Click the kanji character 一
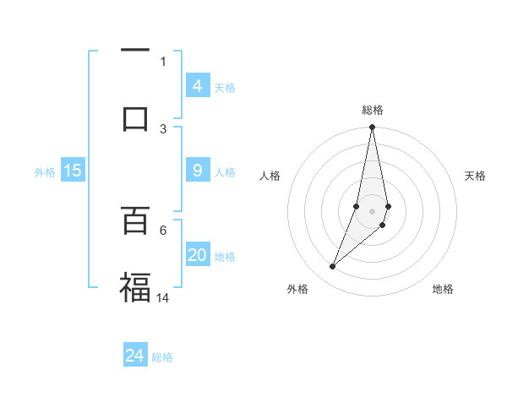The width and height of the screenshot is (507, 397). (135, 51)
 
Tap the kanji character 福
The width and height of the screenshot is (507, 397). (135, 286)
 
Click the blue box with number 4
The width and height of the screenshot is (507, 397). (197, 86)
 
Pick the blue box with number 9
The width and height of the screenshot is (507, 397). (197, 171)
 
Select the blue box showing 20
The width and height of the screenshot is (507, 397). (197, 255)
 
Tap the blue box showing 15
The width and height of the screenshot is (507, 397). (73, 171)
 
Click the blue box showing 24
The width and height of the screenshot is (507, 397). (135, 356)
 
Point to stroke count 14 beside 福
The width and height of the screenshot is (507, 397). (164, 297)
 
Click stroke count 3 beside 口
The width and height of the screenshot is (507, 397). (163, 128)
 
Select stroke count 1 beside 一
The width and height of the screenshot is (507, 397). (163, 61)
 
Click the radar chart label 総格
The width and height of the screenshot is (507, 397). (373, 110)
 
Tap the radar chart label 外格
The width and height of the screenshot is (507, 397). (297, 289)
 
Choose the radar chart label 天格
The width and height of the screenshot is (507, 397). (476, 176)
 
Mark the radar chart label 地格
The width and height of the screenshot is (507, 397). (443, 289)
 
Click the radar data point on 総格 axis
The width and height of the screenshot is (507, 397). (373, 128)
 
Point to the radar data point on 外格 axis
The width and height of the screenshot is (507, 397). (333, 267)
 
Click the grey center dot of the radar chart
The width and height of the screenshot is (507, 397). (373, 210)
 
